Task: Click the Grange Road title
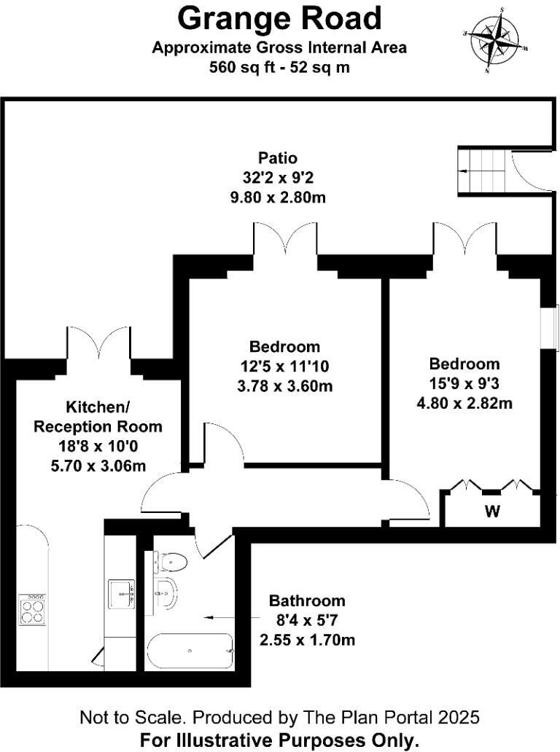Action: click(279, 17)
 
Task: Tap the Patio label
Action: click(278, 157)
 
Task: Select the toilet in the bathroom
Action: click(174, 563)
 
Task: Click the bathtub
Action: click(190, 651)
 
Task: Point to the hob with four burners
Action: click(32, 609)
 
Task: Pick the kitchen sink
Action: click(120, 594)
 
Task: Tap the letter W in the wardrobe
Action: click(493, 511)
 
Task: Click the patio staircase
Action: click(481, 172)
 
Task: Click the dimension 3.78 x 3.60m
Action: click(284, 386)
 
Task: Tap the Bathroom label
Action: click(307, 601)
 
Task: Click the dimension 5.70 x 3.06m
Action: click(98, 466)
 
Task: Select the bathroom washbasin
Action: click(166, 592)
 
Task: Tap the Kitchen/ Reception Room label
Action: click(98, 417)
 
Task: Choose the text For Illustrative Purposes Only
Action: click(280, 740)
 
